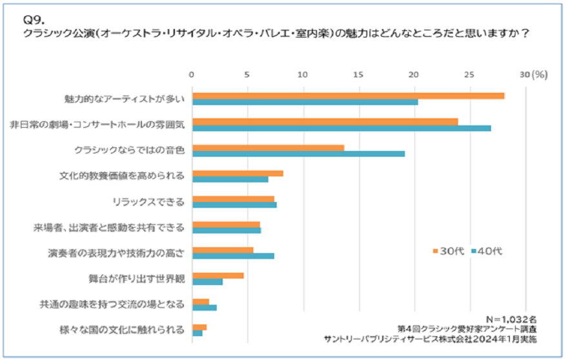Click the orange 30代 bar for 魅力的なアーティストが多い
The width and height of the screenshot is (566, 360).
349,96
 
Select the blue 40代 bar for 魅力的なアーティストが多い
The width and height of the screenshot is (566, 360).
305,102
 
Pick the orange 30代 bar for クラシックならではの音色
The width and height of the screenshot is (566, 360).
268,148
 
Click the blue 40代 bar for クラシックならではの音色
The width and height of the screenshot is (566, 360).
299,154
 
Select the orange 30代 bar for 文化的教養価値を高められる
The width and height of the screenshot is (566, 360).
238,173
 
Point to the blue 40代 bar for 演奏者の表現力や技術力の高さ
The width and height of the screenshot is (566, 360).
234,256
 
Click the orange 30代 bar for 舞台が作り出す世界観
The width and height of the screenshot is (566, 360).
218,275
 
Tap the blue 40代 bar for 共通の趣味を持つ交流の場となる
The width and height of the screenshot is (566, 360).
205,307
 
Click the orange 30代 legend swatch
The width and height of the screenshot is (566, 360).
435,251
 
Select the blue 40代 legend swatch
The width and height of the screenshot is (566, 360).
474,251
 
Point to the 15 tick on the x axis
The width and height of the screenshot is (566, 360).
358,74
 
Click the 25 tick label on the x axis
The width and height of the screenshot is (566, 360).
470,74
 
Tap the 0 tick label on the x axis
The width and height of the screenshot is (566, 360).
192,74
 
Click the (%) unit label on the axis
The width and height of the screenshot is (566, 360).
540,74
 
